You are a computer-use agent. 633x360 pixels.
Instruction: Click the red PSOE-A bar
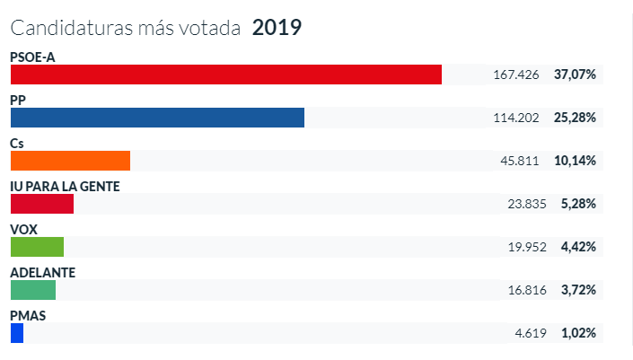point(225,75)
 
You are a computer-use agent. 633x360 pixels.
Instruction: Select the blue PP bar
point(157,118)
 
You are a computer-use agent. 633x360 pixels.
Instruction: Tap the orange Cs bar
point(70,161)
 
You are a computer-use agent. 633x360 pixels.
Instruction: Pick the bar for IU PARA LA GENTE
point(41,204)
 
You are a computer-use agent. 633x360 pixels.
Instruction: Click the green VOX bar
point(37,247)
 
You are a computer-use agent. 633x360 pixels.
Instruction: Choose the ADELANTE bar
point(33,290)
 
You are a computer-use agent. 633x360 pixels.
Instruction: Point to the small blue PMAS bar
point(16,333)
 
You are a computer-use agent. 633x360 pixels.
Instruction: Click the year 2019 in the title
point(277,28)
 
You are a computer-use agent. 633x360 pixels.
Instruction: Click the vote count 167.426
point(516,75)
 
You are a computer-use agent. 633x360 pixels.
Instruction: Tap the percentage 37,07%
point(575,75)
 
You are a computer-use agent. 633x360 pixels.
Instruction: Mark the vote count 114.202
point(516,118)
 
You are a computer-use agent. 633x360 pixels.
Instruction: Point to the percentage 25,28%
point(575,118)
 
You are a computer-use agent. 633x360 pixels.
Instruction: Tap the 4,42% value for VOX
point(578,247)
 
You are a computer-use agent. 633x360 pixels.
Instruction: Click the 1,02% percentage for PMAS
point(578,333)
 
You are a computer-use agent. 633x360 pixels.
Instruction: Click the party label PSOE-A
point(33,57)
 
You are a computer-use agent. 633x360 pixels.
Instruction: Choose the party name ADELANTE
point(42,272)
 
